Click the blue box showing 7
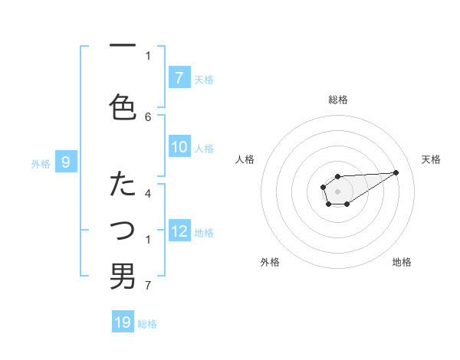(x=179, y=78)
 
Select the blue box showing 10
(x=179, y=148)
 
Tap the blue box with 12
(x=179, y=231)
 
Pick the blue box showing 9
(x=66, y=162)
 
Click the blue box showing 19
(x=123, y=322)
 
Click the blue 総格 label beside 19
(x=147, y=324)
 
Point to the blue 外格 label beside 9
(x=41, y=163)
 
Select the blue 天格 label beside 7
(x=204, y=79)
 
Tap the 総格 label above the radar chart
(x=337, y=100)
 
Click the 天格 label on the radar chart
(x=431, y=159)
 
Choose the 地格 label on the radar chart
(x=402, y=262)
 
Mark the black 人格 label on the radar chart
(x=245, y=159)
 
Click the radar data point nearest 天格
(x=396, y=172)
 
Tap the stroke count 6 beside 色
(x=148, y=116)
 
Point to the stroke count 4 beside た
(x=148, y=193)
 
